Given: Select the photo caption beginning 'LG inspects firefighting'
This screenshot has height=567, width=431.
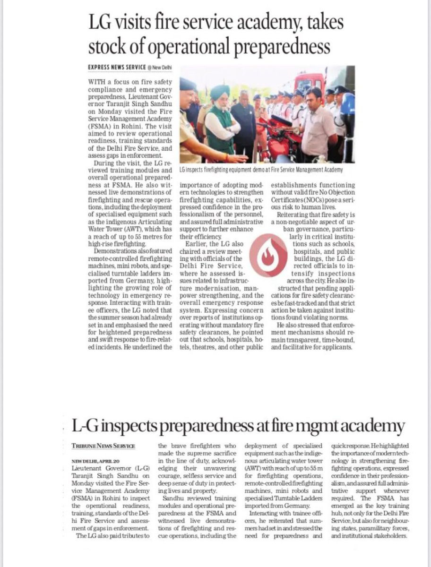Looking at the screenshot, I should coord(261,169).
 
